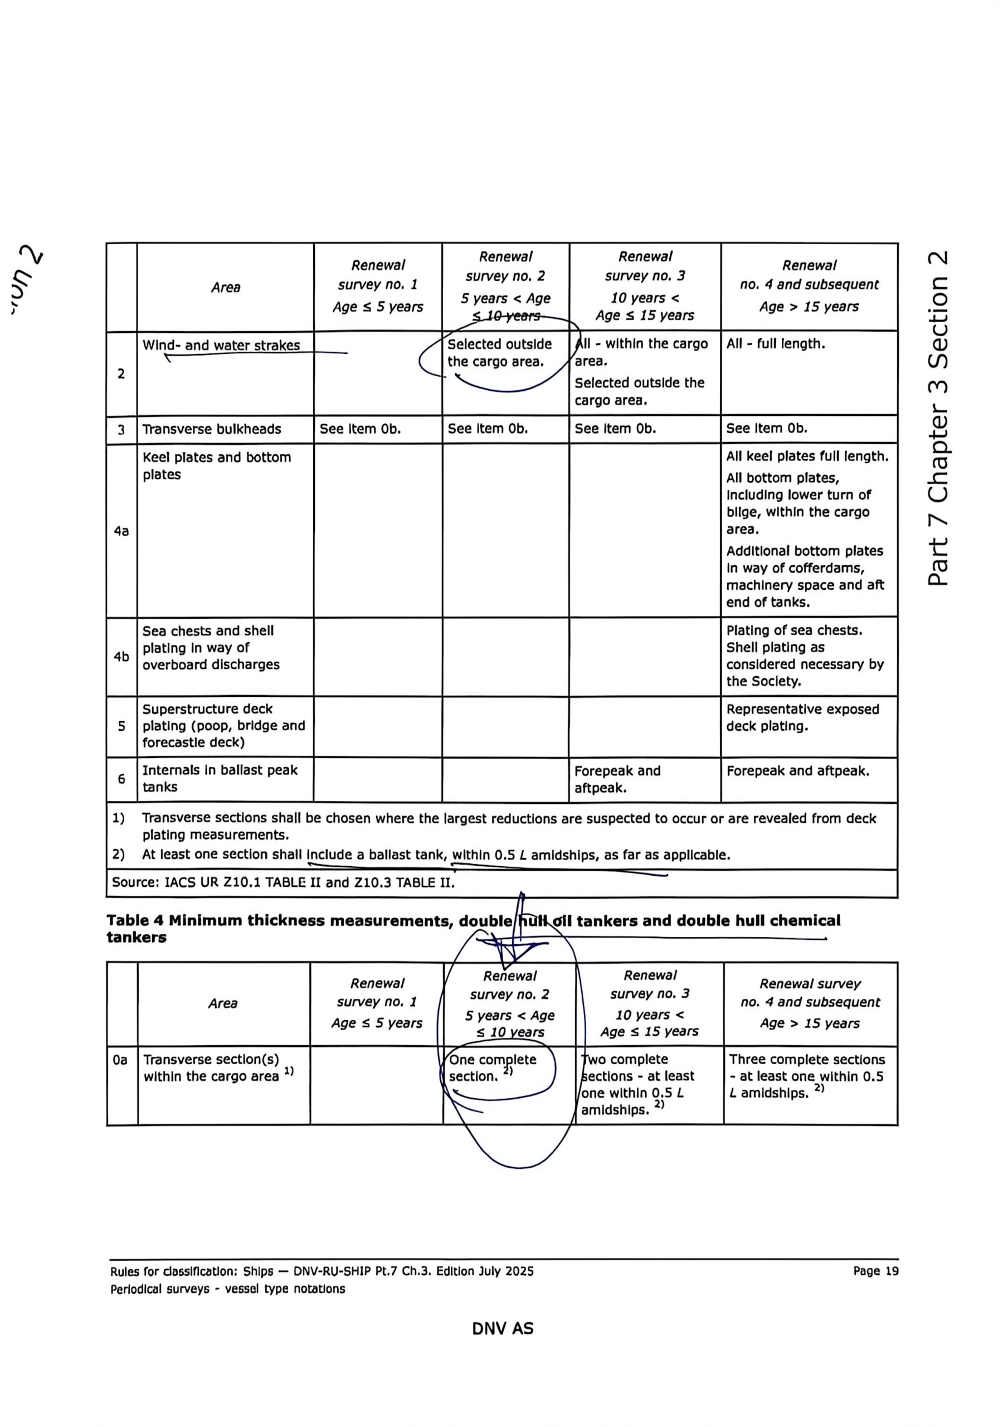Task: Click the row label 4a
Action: (x=121, y=531)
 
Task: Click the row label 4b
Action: (x=121, y=656)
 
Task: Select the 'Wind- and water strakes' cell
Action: (x=221, y=346)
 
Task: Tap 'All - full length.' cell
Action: (x=776, y=344)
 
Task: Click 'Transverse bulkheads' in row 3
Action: (x=211, y=429)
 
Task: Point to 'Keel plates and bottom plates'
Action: (x=216, y=465)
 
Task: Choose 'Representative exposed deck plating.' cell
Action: (x=802, y=717)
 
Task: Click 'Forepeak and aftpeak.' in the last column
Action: (x=797, y=771)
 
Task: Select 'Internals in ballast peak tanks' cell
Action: (x=220, y=778)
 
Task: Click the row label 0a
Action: (x=120, y=1060)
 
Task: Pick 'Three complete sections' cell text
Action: (x=807, y=1060)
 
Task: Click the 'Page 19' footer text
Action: (x=875, y=1271)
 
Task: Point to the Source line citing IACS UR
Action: (x=283, y=882)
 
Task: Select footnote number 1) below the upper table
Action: (x=118, y=818)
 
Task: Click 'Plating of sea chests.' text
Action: (x=793, y=630)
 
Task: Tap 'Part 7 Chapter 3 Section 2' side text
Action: (x=938, y=418)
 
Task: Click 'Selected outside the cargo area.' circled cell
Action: (x=499, y=352)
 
